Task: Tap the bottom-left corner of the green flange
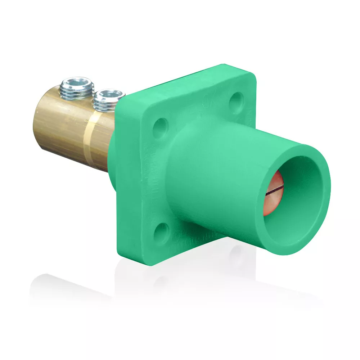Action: pos(153,261)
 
